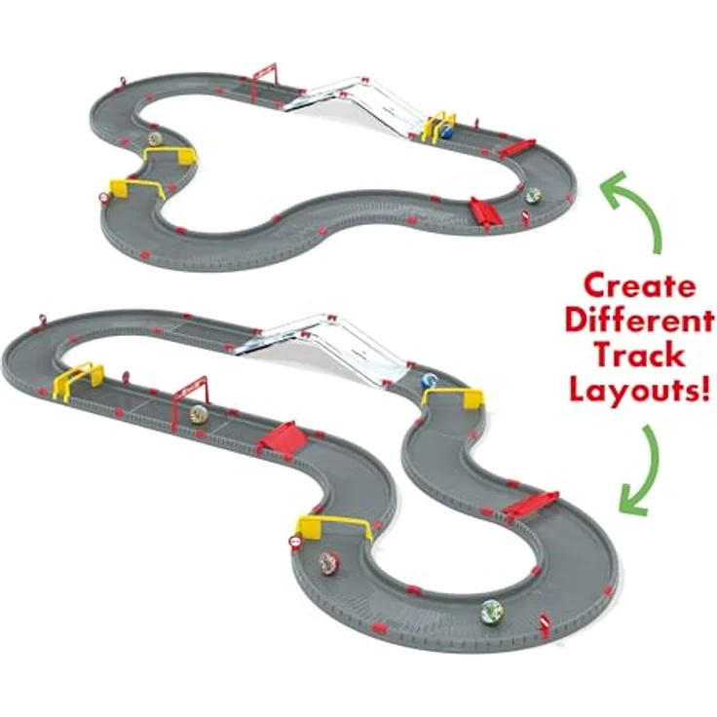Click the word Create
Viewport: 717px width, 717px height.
coord(640,286)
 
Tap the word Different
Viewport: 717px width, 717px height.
coord(639,321)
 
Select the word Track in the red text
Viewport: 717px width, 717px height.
coord(640,356)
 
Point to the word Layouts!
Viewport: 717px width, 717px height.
coord(639,390)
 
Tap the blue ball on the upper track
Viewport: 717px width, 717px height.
coord(447,132)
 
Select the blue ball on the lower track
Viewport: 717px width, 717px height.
coord(430,381)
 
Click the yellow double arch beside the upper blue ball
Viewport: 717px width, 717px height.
coord(440,126)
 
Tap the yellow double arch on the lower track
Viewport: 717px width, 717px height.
coord(78,380)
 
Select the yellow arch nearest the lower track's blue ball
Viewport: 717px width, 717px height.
coord(454,396)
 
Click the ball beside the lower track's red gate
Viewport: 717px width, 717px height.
coord(199,413)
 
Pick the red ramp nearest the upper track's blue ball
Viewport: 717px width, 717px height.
coord(515,149)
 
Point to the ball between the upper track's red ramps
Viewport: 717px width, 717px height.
coord(533,196)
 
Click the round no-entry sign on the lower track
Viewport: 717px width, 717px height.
coord(295,542)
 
